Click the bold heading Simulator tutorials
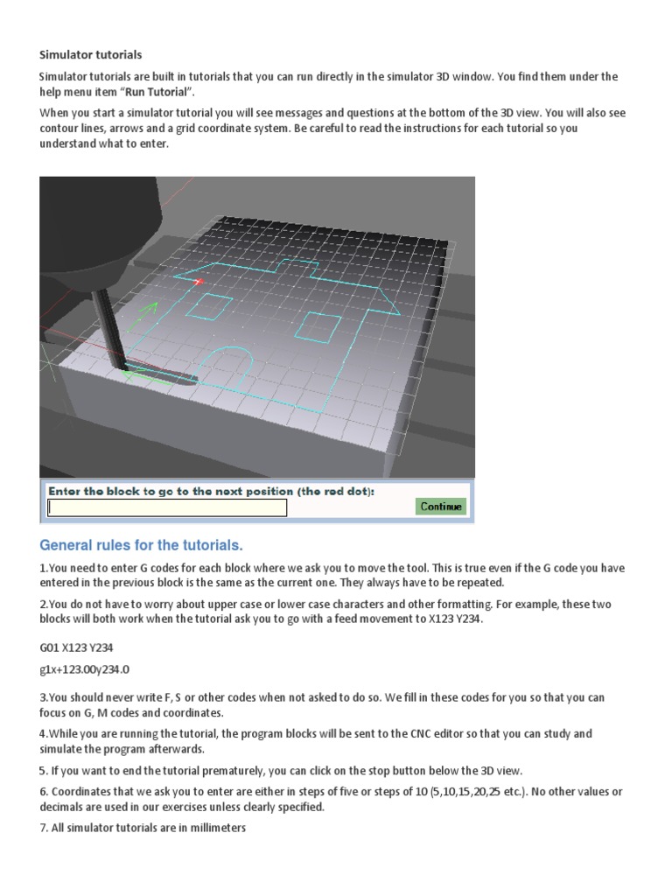(90, 54)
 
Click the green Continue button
(441, 507)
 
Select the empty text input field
(166, 507)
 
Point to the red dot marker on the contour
(198, 281)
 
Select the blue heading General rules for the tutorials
(141, 545)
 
